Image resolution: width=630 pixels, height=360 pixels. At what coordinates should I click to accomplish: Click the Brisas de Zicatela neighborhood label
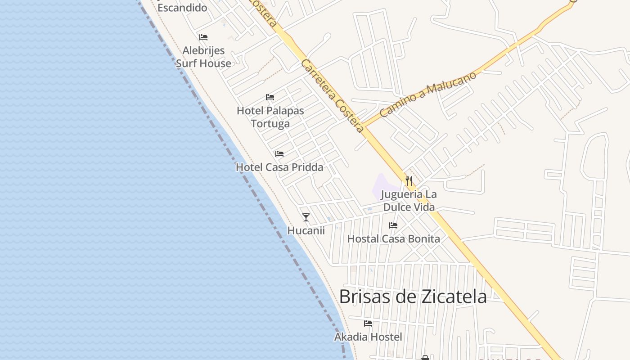point(413,297)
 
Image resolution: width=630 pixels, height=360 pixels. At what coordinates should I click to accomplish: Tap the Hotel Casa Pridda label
point(279,167)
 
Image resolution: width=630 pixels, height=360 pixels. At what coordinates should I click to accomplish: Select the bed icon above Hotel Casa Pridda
point(279,154)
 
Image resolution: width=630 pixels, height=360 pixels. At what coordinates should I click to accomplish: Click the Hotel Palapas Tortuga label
point(270,117)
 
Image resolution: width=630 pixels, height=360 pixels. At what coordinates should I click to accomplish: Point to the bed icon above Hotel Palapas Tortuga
point(270,97)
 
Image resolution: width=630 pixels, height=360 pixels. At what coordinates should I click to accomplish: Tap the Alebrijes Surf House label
point(203,57)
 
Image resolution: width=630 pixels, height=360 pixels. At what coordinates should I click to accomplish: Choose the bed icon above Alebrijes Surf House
point(203,37)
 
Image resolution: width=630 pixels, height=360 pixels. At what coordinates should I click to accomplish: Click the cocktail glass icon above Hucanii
point(306,217)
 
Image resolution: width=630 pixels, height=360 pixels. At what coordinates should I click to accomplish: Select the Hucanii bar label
point(306,231)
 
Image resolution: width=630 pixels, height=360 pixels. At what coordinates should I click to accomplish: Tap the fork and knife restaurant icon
point(409,181)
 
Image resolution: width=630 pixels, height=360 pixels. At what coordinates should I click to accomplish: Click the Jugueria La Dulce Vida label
point(409,201)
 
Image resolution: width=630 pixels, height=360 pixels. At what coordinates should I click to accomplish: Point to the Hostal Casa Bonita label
point(394,239)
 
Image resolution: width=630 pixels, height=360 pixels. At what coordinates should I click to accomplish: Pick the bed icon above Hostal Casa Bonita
point(393,225)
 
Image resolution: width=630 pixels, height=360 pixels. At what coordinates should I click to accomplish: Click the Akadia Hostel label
point(368,337)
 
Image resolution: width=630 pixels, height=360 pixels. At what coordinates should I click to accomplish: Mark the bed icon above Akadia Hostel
point(368,323)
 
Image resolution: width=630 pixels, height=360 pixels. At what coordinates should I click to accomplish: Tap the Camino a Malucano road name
point(427,94)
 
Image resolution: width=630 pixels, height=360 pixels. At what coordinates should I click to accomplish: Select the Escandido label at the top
point(182,8)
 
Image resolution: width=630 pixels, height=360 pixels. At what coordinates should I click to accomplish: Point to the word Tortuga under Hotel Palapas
point(270,124)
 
